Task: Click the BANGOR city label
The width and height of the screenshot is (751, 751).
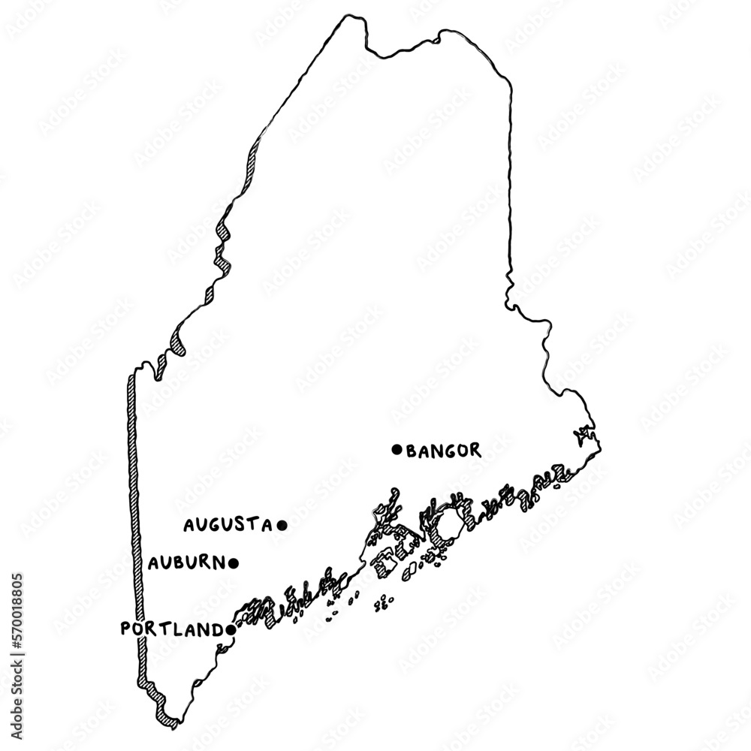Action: coord(443,451)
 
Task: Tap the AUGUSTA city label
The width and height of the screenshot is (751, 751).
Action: coord(227,525)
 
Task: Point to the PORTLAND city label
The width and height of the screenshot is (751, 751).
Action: coord(170,629)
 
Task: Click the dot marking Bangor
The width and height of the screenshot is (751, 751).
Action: coord(397,449)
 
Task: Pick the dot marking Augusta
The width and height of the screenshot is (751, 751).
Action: coord(282,525)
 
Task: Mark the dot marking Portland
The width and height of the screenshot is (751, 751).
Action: coord(229,631)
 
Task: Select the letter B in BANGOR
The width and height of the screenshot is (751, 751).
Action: coord(412,451)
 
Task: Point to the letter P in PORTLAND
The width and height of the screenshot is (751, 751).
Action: coord(126,629)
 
